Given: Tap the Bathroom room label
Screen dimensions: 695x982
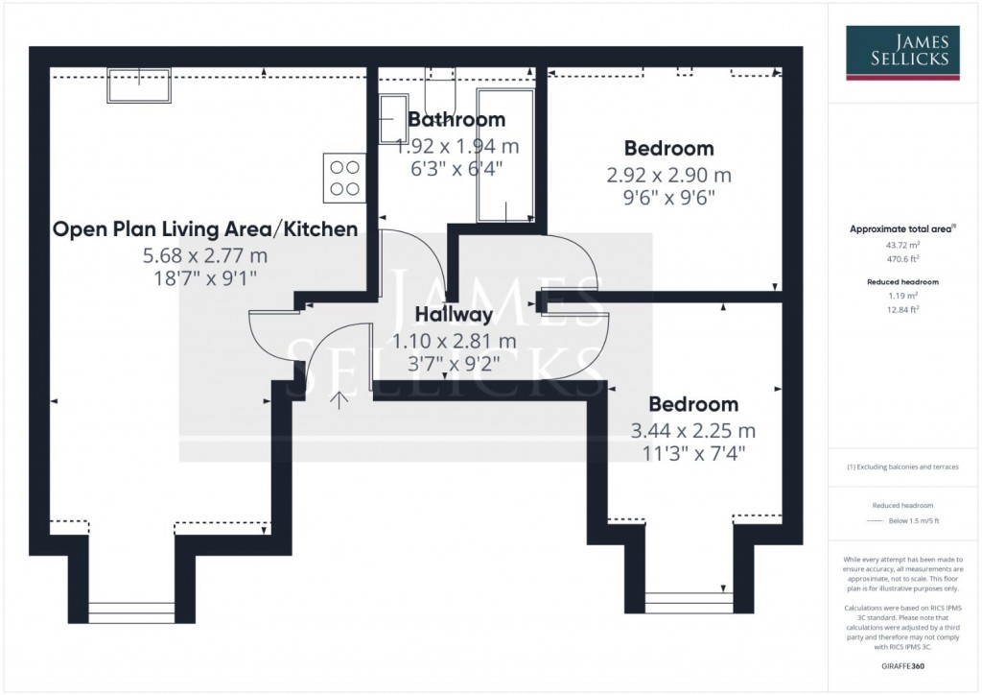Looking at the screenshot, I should tap(456, 120).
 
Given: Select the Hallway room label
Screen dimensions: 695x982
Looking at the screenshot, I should tap(454, 314).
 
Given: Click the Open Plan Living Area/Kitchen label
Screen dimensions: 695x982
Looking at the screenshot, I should tap(205, 229).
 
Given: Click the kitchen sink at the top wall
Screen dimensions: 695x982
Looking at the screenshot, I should tap(140, 84).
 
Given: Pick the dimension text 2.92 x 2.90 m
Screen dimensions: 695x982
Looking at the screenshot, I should tap(668, 176).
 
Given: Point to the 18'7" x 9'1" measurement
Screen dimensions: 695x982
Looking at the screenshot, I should tap(205, 277).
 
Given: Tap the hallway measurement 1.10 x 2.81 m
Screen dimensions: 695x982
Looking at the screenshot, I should tap(455, 341).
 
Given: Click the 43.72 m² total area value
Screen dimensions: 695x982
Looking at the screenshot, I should tap(901, 245).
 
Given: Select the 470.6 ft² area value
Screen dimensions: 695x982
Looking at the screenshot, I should tap(901, 257).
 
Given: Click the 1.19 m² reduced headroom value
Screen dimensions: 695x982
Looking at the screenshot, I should tap(901, 296).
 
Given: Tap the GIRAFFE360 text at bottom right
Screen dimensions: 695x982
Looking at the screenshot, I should tap(901, 664).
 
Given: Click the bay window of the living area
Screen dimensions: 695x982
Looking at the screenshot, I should tap(132, 612).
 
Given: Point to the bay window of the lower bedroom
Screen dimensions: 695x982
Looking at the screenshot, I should tap(690, 603).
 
